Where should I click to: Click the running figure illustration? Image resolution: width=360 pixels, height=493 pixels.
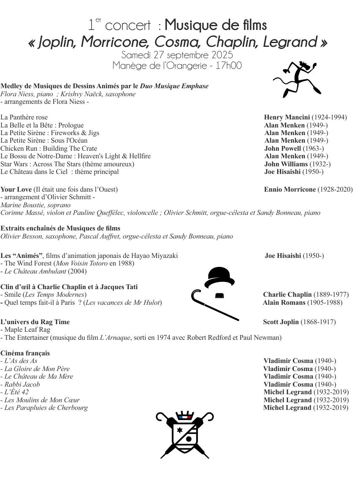coord(298,79)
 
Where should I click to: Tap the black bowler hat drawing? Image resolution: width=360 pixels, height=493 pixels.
coord(219,277)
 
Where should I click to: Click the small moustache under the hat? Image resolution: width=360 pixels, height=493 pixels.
coord(219,296)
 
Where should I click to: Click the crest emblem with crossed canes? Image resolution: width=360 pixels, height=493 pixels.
coord(184,434)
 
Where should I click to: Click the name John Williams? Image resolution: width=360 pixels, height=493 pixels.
coord(286,164)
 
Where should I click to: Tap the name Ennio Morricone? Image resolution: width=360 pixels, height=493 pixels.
coord(290,190)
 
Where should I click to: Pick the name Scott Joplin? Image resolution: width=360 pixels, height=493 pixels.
coord(281,322)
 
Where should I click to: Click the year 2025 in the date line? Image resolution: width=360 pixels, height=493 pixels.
coord(222,55)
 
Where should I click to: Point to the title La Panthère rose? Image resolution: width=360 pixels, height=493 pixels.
coord(24,117)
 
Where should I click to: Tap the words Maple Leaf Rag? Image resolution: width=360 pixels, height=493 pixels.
coord(27,330)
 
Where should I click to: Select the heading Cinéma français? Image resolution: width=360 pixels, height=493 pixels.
coord(25,353)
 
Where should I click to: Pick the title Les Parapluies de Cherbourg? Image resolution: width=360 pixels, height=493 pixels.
coord(46,408)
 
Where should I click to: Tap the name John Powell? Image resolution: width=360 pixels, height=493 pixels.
coord(282,149)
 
